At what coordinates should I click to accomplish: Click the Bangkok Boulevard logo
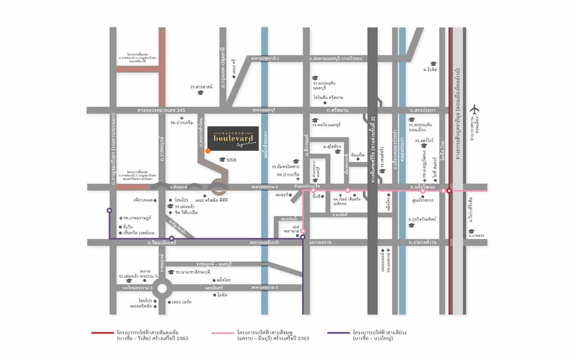tap(236, 138)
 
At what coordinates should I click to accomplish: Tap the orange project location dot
tap(208, 151)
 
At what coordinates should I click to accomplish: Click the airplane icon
tap(474, 109)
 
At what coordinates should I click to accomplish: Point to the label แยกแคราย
tap(320, 243)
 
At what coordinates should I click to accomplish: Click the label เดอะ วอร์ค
tap(181, 302)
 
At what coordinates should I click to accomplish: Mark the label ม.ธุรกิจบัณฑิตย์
tap(423, 219)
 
